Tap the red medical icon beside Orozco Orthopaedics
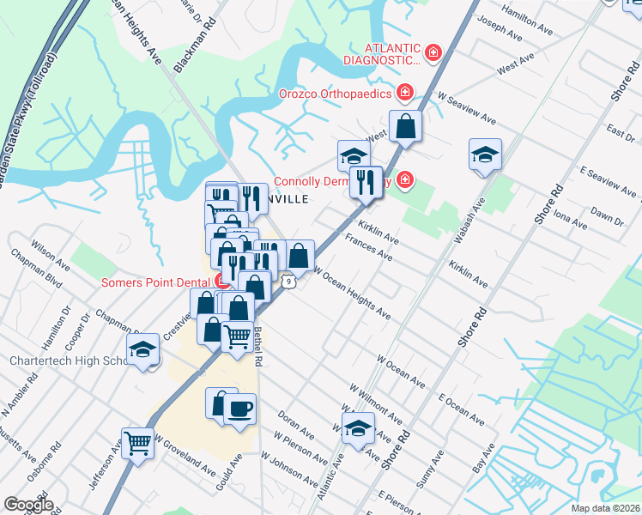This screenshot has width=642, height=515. point(404,92)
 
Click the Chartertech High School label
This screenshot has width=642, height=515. point(70,361)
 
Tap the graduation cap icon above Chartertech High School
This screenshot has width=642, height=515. point(142,349)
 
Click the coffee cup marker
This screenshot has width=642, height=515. point(240,407)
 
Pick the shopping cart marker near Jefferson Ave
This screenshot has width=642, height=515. point(137,442)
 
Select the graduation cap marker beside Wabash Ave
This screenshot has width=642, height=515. point(485,155)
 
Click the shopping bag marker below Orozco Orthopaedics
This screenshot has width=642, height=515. point(405,126)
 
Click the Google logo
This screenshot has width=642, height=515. point(27,505)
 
